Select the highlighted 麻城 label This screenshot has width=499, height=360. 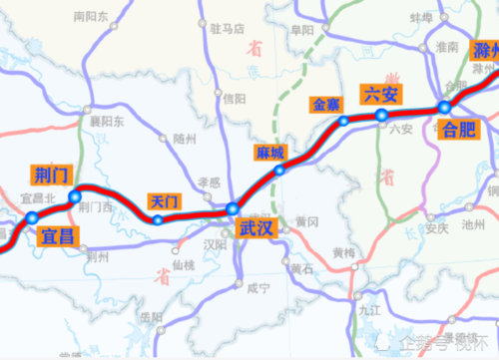pyautogui.click(x=270, y=153)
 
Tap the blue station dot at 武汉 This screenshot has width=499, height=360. pyautogui.click(x=233, y=209)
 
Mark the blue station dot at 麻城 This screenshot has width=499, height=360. pyautogui.click(x=280, y=171)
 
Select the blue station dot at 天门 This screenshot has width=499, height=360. pyautogui.click(x=158, y=219)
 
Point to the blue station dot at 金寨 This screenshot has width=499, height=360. pyautogui.click(x=343, y=122)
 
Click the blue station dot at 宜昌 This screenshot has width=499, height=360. pyautogui.click(x=32, y=217)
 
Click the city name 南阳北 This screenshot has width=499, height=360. pyautogui.click(x=91, y=17)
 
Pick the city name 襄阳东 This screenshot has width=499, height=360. pyautogui.click(x=106, y=122)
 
